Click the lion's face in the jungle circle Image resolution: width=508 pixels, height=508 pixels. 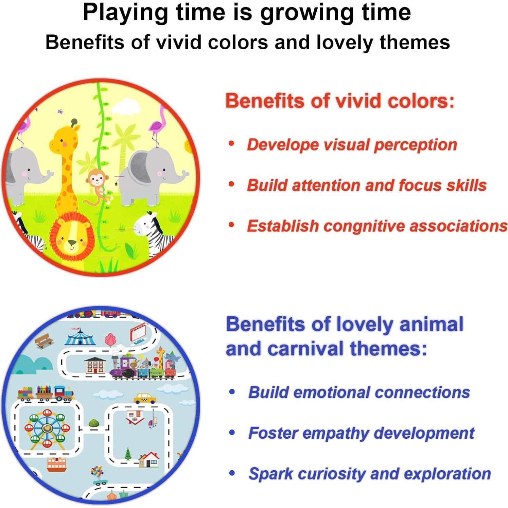point(72,237)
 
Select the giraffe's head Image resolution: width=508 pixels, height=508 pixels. point(65,139)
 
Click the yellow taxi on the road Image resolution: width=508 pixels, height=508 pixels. point(145,399)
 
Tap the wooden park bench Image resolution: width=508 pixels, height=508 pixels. point(44,340)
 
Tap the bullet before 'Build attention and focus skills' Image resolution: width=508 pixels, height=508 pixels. point(232,185)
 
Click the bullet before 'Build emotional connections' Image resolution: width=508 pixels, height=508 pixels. point(232,392)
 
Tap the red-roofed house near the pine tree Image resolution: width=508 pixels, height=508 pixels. point(149,459)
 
